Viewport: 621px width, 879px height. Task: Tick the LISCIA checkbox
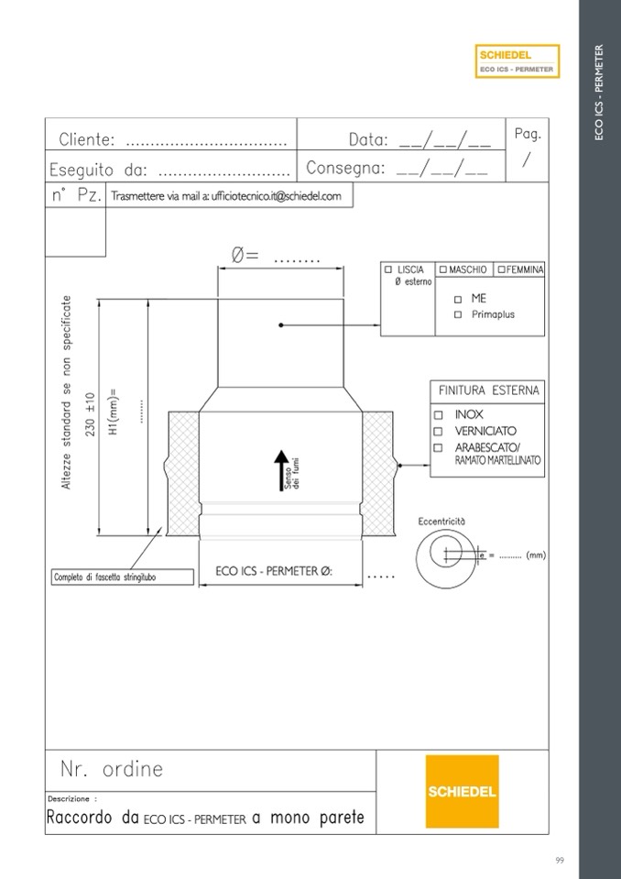point(388,269)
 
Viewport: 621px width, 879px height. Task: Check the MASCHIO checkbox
point(443,269)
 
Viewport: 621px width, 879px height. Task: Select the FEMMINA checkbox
point(501,269)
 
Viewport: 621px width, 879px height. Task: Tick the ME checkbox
point(458,300)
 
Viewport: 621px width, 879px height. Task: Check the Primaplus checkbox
point(458,315)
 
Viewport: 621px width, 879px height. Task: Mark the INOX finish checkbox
point(439,415)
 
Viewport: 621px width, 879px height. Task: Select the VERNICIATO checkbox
point(439,431)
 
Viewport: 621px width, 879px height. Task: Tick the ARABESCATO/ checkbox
point(439,448)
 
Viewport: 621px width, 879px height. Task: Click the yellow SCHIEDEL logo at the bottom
point(462,791)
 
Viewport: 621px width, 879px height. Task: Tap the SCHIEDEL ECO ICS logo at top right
point(517,61)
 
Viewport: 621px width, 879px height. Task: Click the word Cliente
point(87,139)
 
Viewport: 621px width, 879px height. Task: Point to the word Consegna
point(345,168)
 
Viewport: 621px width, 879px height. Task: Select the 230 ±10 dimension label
point(91,414)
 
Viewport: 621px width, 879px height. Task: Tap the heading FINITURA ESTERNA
point(488,390)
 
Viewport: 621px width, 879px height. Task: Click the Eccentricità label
point(441,522)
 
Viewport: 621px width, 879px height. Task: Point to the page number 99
point(560,860)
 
